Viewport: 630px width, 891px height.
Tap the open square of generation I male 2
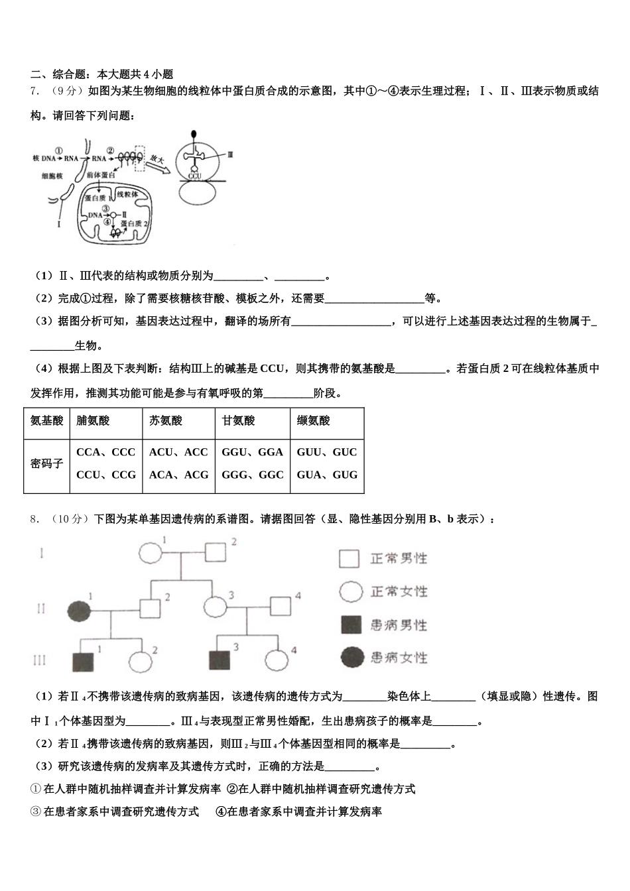(216, 552)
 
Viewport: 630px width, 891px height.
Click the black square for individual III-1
(84, 661)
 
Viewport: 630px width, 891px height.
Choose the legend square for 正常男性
(349, 558)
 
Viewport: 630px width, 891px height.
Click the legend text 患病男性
(399, 624)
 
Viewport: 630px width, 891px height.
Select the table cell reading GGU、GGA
(253, 452)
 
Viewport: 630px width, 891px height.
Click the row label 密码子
(46, 463)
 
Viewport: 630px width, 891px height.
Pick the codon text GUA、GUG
(327, 475)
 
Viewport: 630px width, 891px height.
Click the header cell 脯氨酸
(94, 420)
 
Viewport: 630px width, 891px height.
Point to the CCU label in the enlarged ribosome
(194, 176)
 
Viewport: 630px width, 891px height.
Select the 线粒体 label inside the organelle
(127, 194)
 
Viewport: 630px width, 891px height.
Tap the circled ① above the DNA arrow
(58, 150)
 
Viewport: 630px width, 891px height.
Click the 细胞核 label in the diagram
(51, 176)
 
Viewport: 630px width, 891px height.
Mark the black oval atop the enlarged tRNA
(194, 134)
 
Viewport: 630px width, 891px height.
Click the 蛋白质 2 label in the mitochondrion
(135, 223)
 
